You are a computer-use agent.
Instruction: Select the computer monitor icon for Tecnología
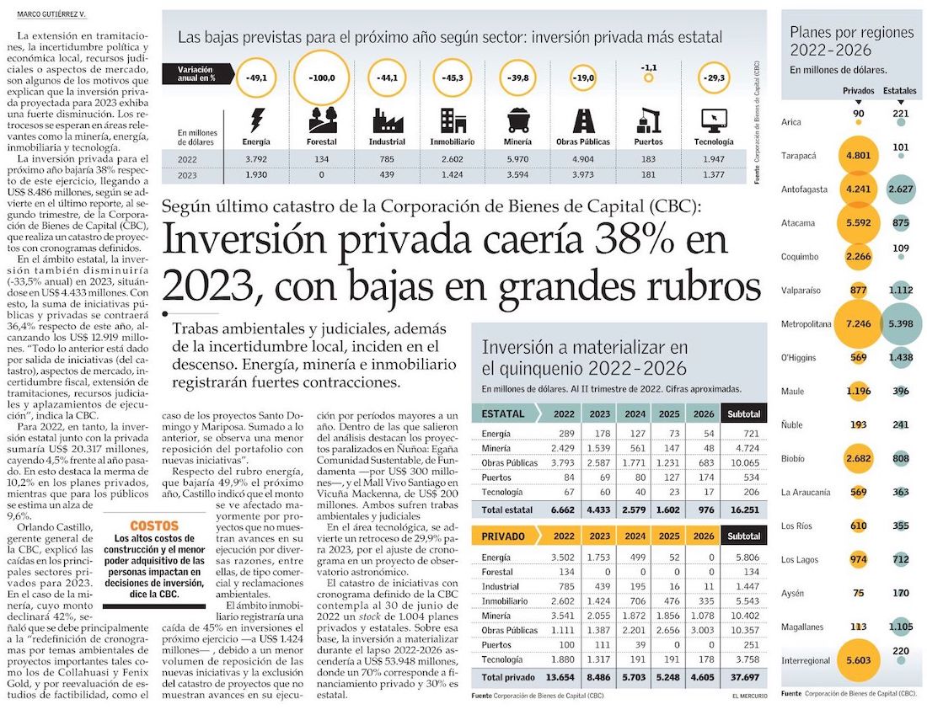[713, 120]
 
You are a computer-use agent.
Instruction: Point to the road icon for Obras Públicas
[583, 120]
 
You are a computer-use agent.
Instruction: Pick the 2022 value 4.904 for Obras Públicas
[583, 158]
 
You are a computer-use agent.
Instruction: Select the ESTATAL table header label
[503, 414]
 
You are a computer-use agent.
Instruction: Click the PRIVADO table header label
[504, 536]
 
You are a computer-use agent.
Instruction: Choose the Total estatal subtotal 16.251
[743, 510]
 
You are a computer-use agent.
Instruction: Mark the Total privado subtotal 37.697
[743, 677]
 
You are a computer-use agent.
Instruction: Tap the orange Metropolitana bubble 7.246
[857, 323]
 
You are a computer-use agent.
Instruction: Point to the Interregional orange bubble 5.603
[857, 661]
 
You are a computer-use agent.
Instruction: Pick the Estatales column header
[900, 90]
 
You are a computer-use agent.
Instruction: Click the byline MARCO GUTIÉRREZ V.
[52, 14]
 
